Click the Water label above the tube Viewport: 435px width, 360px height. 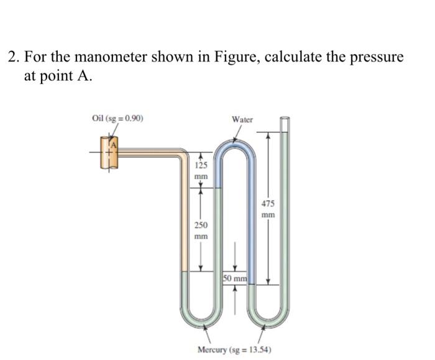click(242, 119)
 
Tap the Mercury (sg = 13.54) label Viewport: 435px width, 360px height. click(234, 349)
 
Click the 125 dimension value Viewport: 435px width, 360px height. click(201, 166)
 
